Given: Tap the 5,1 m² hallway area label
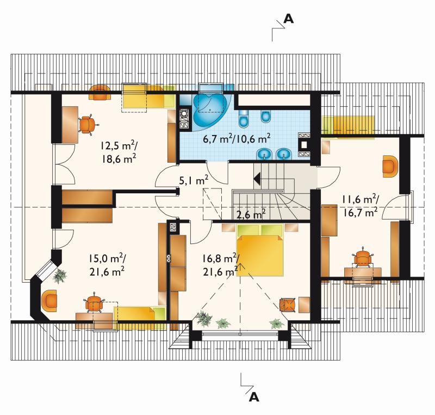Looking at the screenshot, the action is [194, 181].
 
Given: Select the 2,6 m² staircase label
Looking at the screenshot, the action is [251, 215].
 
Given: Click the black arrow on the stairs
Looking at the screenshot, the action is [257, 178].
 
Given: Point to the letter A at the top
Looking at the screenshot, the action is [289, 19].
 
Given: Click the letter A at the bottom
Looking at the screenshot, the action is [254, 398].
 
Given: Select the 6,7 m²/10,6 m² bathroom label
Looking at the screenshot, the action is [237, 139].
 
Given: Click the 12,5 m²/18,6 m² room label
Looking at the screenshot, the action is [118, 152].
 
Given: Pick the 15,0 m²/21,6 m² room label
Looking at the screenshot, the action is [107, 265].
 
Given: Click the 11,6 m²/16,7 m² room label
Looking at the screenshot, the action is [360, 206].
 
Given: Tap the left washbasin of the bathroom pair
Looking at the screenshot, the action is [265, 154].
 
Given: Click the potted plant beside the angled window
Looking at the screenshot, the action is [60, 276].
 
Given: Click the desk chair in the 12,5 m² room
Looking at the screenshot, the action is [88, 125].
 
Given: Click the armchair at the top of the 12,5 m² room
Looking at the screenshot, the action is [100, 92].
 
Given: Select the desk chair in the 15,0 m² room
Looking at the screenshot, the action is [94, 303].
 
